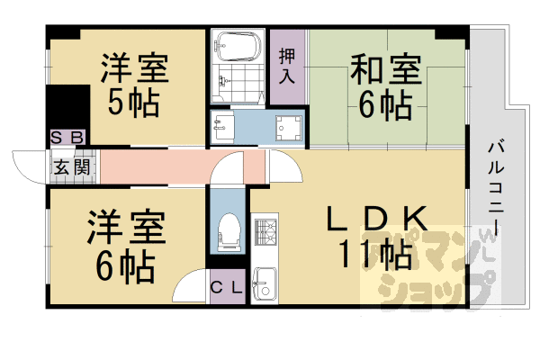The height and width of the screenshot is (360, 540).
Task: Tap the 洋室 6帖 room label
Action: [126, 246]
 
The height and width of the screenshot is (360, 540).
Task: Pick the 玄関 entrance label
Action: [68, 166]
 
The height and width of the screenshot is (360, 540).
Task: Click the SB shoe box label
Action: [67, 138]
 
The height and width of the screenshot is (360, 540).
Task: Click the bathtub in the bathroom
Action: [237, 43]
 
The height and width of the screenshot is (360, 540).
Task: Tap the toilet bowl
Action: [229, 231]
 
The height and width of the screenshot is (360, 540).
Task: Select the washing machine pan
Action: [288, 129]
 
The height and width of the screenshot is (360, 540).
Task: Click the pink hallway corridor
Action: [162, 166]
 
